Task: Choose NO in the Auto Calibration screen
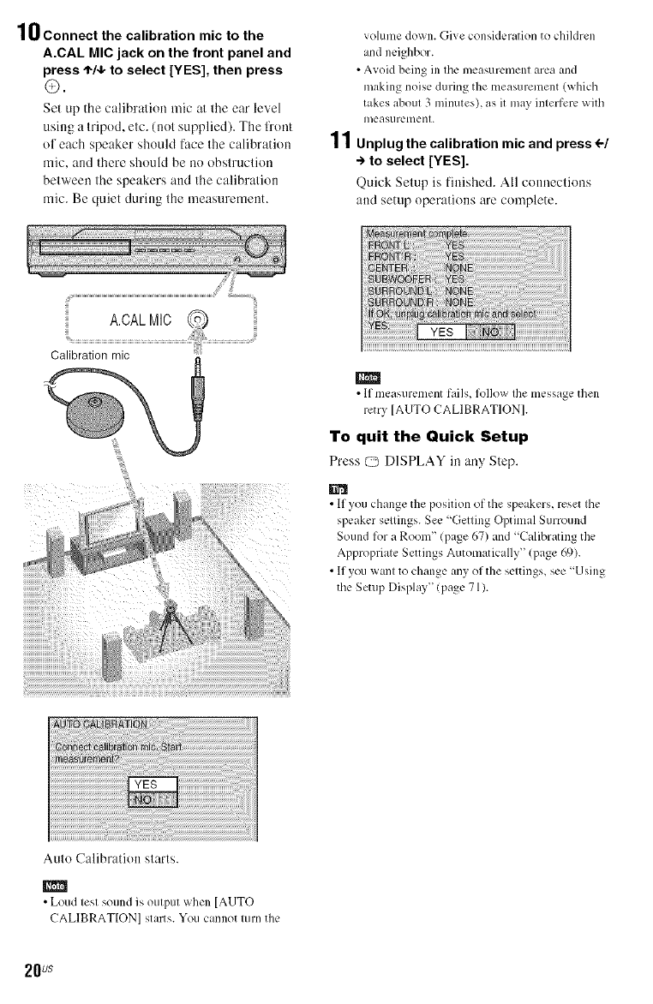coord(151,801)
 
